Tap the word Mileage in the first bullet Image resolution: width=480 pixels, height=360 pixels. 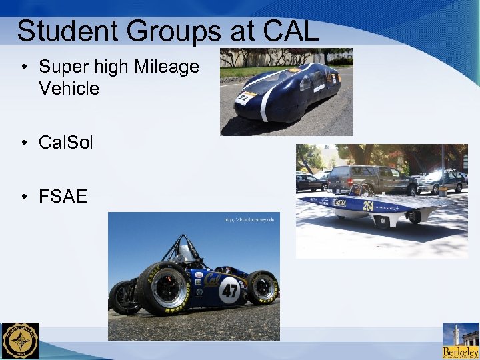point(167,67)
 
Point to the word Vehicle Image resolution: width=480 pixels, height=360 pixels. point(69,88)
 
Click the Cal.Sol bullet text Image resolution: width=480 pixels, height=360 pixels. point(66,143)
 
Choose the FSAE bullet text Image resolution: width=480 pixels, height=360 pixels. point(63,197)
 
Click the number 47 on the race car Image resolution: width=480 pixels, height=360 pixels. point(230,291)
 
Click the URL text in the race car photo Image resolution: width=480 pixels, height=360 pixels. point(249,219)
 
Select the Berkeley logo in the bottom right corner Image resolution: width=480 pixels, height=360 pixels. point(461,341)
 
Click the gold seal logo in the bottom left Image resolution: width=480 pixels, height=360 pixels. point(20,341)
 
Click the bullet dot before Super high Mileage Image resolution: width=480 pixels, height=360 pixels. point(23,67)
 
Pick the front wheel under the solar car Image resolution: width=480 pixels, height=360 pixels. point(382,222)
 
